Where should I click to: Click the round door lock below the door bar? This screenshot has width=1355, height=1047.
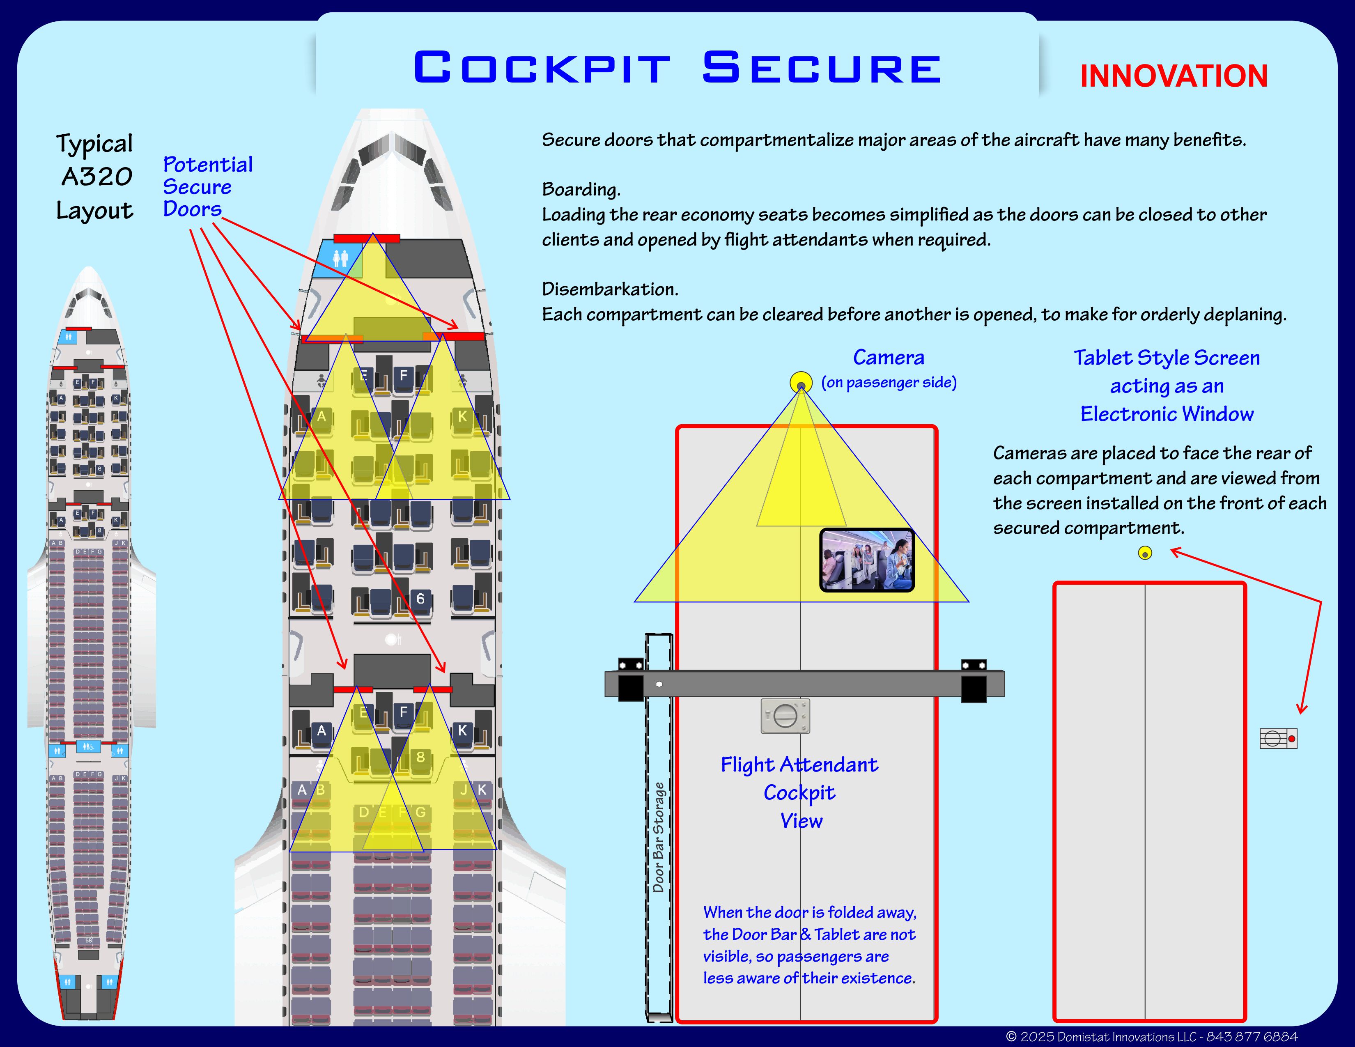point(785,716)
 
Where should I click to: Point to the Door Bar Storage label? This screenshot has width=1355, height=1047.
point(658,837)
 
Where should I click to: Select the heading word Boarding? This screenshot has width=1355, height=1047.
point(581,189)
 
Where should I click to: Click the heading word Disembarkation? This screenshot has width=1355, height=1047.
point(610,289)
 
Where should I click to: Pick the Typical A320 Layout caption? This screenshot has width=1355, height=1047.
point(95,177)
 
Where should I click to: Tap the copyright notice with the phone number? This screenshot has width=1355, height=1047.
point(1151,1036)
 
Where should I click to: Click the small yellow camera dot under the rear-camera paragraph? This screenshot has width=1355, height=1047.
point(1145,553)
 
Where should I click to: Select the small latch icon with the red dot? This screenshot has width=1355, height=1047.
point(1278,739)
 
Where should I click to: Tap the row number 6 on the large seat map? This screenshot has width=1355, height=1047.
point(420,599)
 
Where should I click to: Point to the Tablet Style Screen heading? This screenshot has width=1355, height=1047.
point(1167,358)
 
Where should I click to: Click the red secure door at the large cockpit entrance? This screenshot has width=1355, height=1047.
point(367,238)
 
